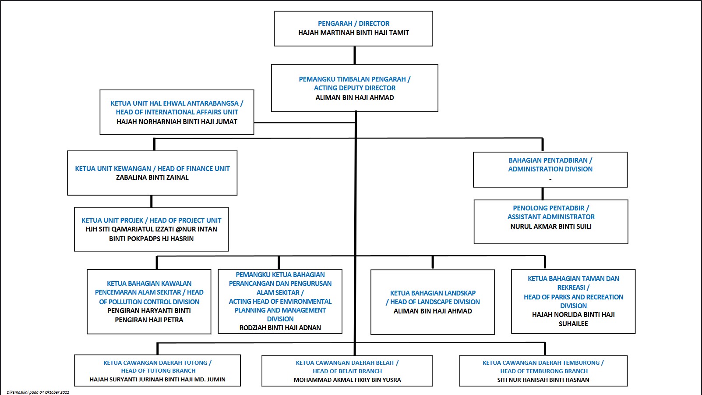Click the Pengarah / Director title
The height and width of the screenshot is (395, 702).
pos(353,24)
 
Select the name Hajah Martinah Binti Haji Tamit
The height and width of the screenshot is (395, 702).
pos(353,32)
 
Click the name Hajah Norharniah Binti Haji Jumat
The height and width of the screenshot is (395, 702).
pos(177,122)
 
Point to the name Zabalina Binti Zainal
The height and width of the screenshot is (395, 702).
pos(152,178)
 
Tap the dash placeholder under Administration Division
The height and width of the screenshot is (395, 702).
pos(550,179)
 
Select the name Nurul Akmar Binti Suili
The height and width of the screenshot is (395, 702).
pos(551,227)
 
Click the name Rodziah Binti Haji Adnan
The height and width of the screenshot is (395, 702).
pos(280,328)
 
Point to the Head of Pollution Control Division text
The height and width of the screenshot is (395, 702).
pos(149,297)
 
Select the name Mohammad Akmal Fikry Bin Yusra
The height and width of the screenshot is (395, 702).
pos(347,380)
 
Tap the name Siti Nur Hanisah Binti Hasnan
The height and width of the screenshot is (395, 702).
pos(543,380)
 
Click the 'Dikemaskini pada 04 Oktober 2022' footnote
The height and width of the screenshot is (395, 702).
pos(38,392)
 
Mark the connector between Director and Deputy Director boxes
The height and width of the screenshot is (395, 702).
pos(355,56)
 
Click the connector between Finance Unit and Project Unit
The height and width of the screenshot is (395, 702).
pos(152,201)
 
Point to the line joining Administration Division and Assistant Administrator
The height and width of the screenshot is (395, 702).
pos(543,194)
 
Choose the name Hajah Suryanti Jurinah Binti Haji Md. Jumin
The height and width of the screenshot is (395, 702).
pos(157,380)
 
